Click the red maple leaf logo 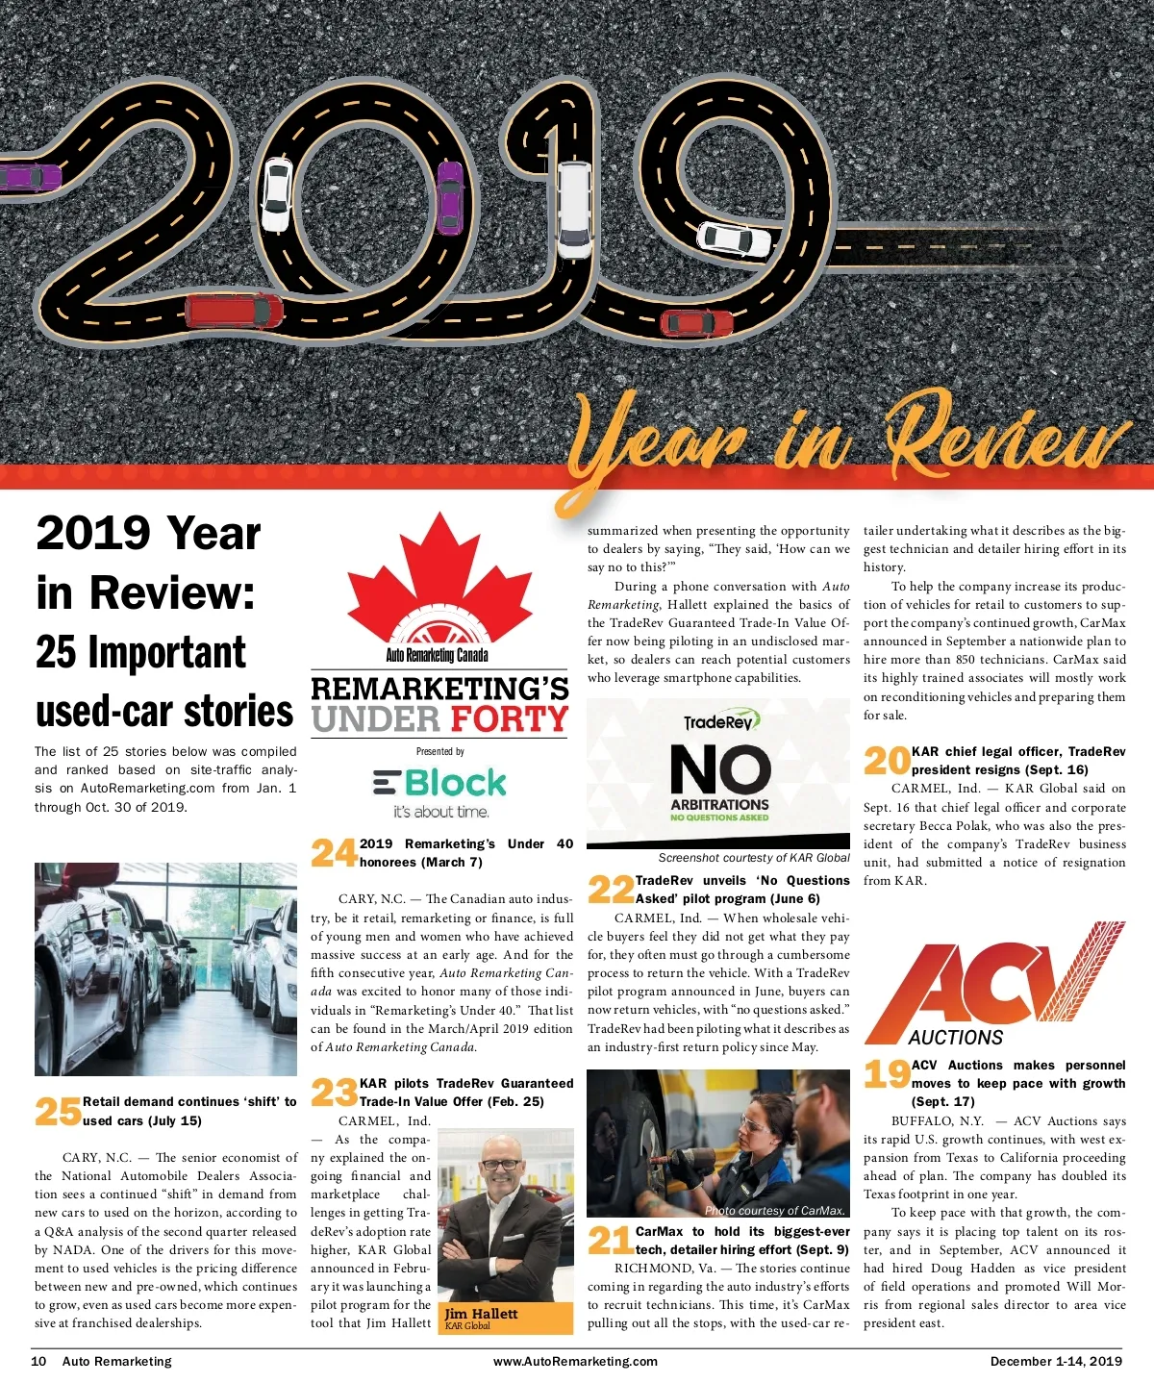pos(439,577)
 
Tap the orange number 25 pos(58,1111)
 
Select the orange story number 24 pos(334,852)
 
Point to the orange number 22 pos(611,889)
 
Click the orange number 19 pos(886,1073)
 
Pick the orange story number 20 pos(886,760)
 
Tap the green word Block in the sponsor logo pos(456,783)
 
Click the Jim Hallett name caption pos(482,1314)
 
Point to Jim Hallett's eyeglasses pos(500,1165)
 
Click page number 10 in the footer pos(38,1361)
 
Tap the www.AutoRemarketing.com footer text pos(575,1361)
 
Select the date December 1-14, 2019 pos(1056,1361)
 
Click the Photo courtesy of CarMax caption pos(775,1211)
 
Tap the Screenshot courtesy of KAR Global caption pos(754,858)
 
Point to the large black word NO pos(720,769)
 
